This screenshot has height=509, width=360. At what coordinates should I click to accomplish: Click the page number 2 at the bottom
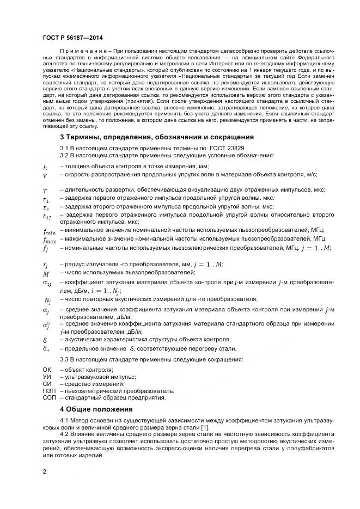tap(45, 471)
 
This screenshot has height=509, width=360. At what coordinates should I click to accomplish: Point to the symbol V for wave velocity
tap(45, 175)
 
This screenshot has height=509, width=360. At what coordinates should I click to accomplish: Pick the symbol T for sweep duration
tap(45, 191)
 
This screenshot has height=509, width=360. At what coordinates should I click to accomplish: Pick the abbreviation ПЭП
tap(48, 390)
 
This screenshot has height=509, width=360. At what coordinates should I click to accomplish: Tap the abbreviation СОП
tap(49, 397)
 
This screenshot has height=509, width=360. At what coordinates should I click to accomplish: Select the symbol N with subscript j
tap(47, 300)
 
